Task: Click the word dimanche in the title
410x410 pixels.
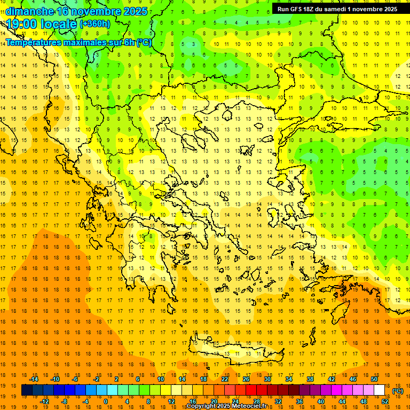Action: pos(29,11)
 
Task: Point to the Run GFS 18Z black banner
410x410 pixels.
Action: pos(337,9)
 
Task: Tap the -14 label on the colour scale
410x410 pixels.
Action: pos(34,379)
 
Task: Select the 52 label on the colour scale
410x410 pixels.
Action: pos(385,401)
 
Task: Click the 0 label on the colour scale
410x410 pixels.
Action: pos(106,401)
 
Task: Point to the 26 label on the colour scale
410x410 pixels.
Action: pos(246,379)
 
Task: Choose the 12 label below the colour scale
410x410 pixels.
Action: pos(172,401)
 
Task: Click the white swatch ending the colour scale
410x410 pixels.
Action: pos(380,390)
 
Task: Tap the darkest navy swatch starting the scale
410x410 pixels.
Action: pos(27,390)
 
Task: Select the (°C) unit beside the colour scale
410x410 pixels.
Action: pos(398,390)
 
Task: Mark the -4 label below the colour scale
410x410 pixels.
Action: pos(84,401)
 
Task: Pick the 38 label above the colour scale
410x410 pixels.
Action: pos(310,379)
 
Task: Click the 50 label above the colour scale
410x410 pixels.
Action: pos(374,379)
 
